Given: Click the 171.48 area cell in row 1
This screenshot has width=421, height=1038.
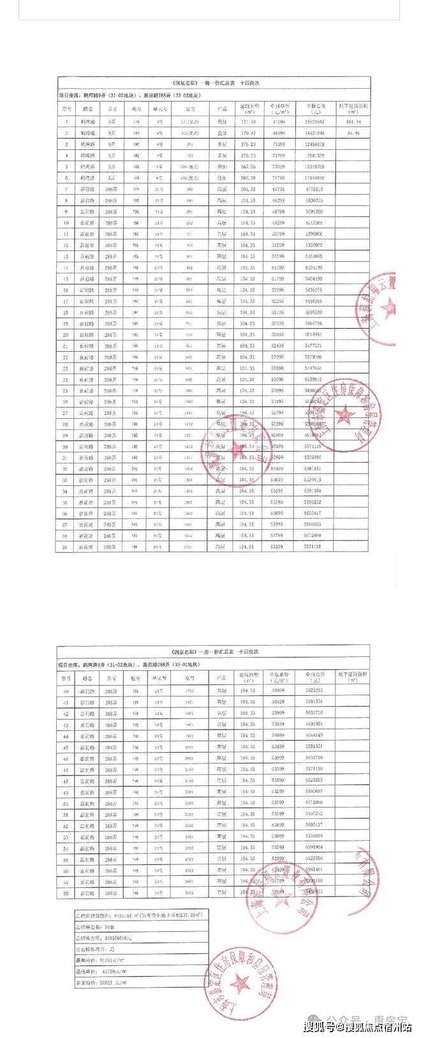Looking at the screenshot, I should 247,121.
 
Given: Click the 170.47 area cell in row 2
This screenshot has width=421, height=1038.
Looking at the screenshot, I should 247,133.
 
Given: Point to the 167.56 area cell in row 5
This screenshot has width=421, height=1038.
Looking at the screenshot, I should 247,166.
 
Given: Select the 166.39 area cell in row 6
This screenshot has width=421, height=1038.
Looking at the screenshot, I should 247,177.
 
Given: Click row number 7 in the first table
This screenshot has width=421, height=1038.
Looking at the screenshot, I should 66,189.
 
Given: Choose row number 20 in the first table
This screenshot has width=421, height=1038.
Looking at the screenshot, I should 66,335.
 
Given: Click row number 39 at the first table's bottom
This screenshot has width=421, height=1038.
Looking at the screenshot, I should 66,547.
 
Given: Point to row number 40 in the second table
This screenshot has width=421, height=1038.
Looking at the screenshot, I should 66,691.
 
